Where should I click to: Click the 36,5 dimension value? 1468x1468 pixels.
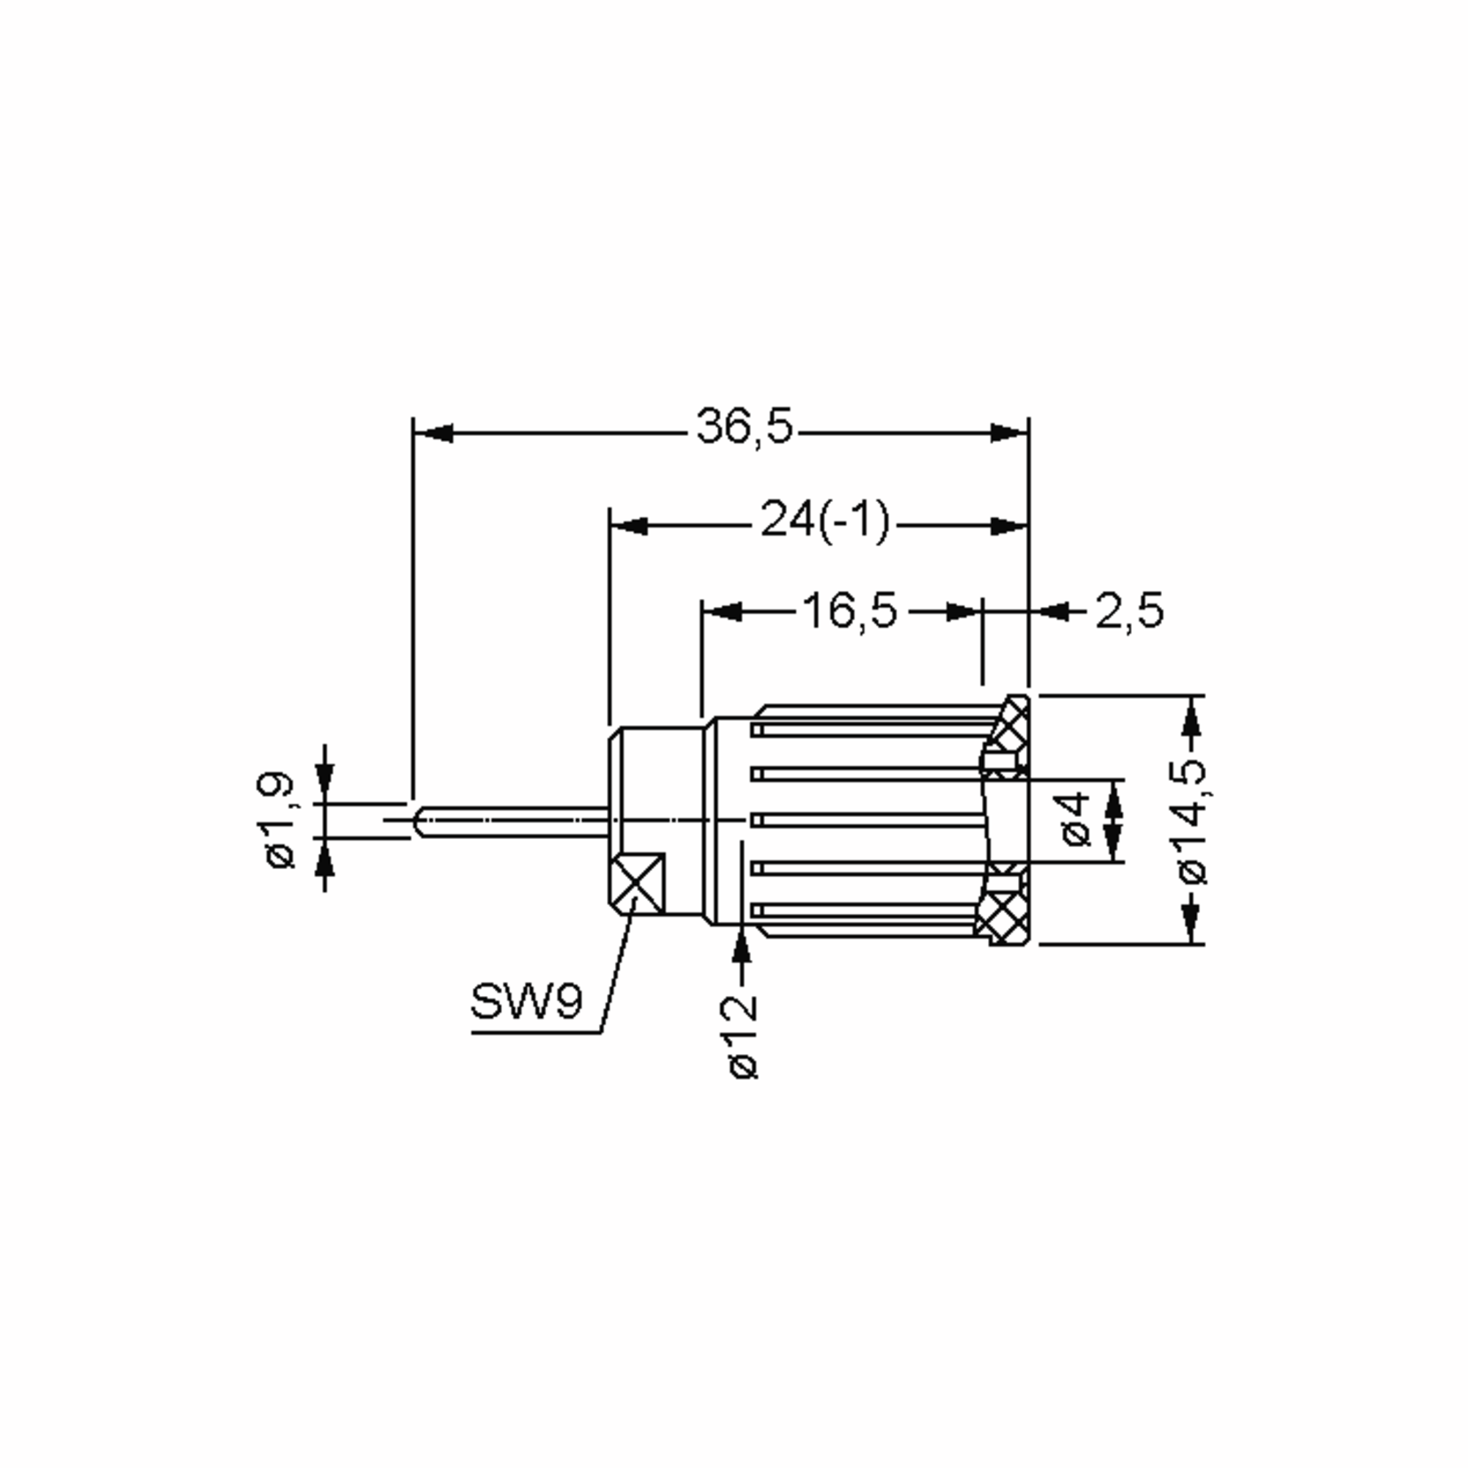744,426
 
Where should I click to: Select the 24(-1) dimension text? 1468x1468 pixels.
825,521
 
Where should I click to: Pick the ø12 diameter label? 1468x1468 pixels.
743,1037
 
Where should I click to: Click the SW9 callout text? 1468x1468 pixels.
527,1001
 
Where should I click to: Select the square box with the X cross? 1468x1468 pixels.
637,883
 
